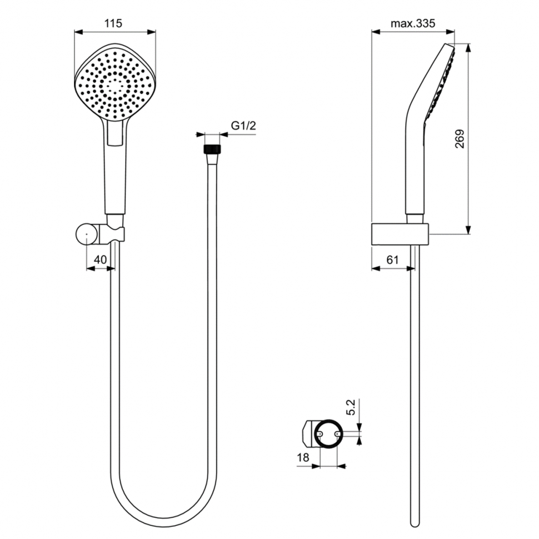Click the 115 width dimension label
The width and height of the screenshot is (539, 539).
[113, 23]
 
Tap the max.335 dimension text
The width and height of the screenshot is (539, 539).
[413, 23]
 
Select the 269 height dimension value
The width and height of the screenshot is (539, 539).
[460, 139]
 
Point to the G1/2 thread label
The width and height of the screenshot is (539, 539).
[243, 126]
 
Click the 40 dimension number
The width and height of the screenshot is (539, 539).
[101, 259]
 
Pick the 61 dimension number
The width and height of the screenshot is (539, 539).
[392, 259]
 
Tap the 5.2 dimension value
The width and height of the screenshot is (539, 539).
[351, 407]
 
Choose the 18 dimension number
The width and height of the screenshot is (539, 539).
[303, 457]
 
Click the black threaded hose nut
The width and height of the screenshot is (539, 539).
[212, 149]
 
